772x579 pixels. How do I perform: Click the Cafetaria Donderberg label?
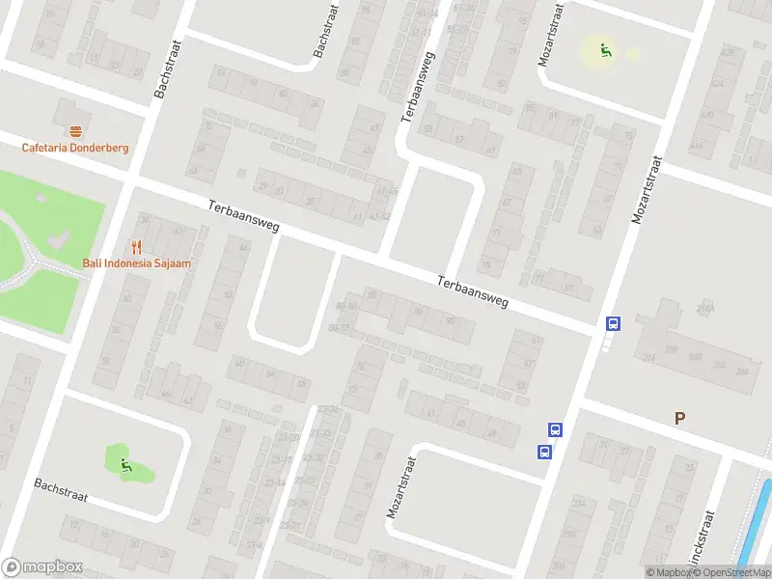(x=75, y=148)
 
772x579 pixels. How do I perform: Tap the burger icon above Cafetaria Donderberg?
(x=75, y=131)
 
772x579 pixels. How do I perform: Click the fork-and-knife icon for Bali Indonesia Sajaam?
(x=136, y=247)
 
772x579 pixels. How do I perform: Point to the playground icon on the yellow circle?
(x=605, y=50)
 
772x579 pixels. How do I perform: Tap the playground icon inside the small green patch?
(x=125, y=466)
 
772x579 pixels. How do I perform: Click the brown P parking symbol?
(x=680, y=418)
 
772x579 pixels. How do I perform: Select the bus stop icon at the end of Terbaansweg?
(x=613, y=324)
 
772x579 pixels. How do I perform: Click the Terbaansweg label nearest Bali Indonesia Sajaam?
(x=244, y=215)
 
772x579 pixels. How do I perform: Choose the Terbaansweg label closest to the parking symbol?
(x=472, y=291)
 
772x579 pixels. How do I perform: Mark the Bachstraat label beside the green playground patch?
(x=61, y=490)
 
